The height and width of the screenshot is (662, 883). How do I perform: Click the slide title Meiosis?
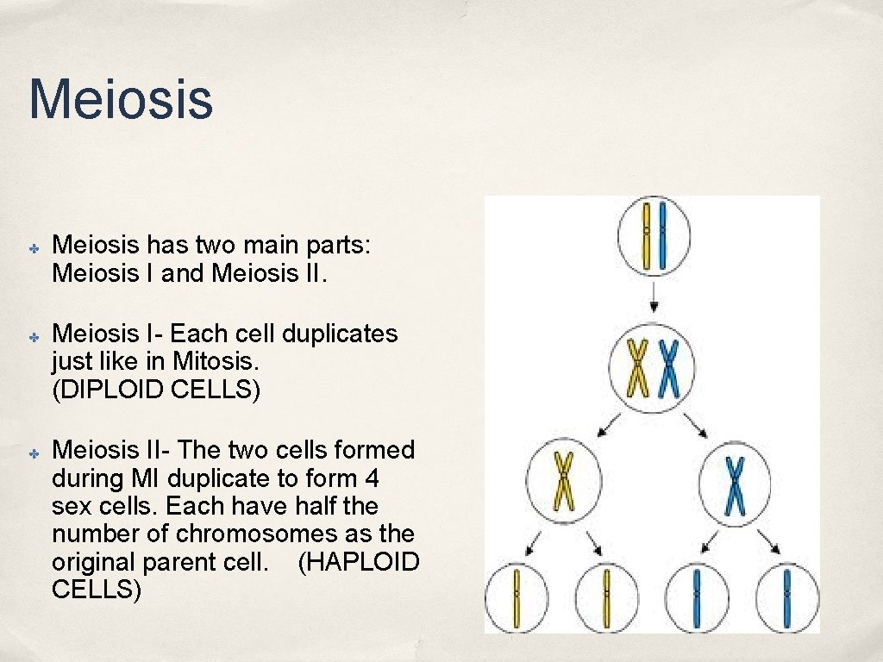coord(120,98)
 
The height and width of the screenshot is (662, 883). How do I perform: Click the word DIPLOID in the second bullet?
coord(115,389)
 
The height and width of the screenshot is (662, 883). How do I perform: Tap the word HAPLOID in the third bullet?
coord(358,562)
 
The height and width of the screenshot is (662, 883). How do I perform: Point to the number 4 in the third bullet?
coord(372,478)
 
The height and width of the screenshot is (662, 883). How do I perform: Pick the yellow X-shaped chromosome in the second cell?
coord(637,368)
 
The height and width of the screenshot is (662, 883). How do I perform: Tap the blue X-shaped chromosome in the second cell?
coord(668,368)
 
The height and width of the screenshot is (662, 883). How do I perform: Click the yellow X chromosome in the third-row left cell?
coord(563,480)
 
